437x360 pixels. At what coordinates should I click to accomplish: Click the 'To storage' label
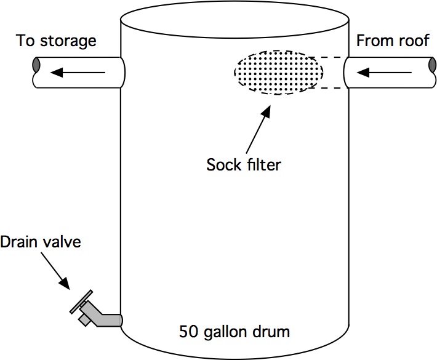(56, 41)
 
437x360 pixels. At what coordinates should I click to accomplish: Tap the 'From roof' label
(391, 41)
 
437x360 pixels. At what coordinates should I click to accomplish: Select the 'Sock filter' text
(243, 165)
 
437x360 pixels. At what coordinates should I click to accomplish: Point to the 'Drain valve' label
(40, 242)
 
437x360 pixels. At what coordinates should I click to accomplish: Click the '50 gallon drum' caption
(234, 332)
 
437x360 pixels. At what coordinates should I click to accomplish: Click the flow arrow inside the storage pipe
(78, 73)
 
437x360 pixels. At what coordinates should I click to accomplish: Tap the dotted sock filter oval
(277, 73)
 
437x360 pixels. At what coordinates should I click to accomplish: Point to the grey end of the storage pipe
(37, 65)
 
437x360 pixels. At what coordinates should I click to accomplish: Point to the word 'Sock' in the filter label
(220, 165)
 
